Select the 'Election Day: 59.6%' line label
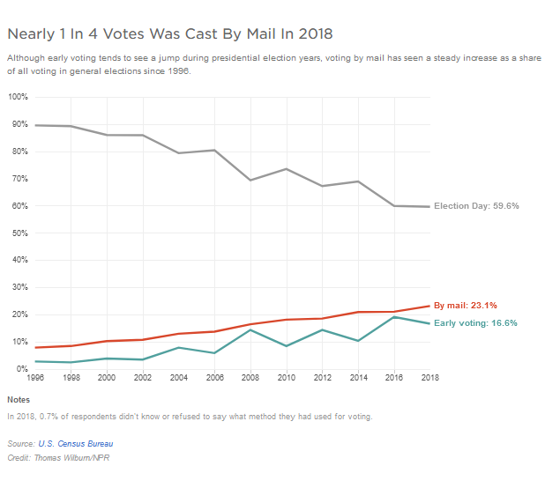coord(476,206)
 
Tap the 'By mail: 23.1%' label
coord(466,306)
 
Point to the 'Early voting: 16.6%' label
coord(475,323)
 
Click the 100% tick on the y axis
coord(18,97)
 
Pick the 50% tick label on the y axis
coord(18,233)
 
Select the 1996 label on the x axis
coord(35,377)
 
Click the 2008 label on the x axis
coord(250,377)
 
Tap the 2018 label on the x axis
coord(429,377)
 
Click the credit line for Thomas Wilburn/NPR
coord(58,458)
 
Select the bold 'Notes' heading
coord(19,399)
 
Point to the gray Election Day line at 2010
coord(287,169)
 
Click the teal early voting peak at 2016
coord(394,317)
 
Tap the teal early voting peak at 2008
coord(250,329)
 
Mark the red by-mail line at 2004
coord(179,334)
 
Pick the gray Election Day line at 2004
coord(179,153)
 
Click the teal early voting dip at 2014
coord(358,340)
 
